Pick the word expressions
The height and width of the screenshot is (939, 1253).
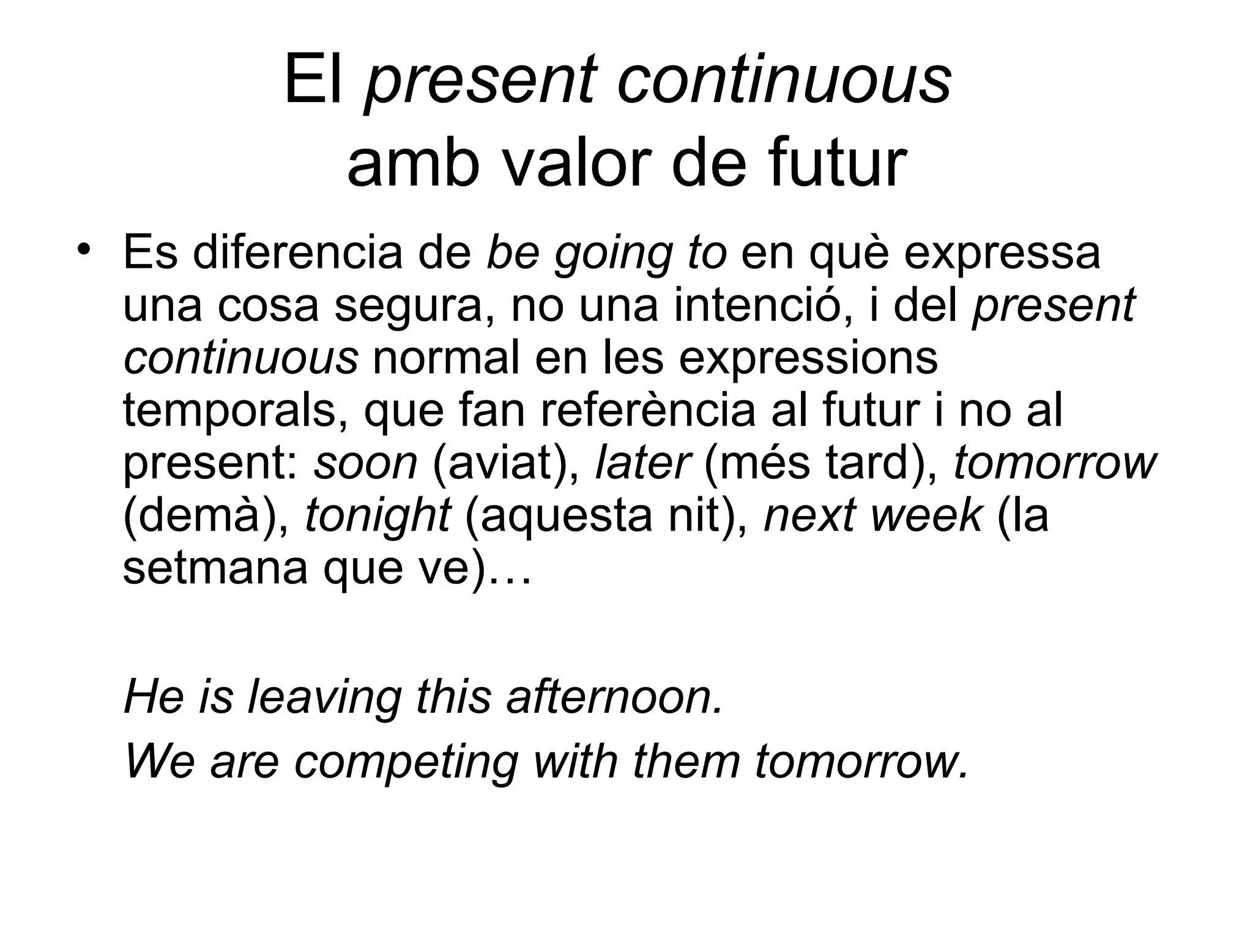click(808, 359)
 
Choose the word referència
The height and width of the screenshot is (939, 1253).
click(649, 411)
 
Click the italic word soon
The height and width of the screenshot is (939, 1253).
click(365, 463)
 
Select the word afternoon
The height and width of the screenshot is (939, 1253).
click(614, 698)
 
